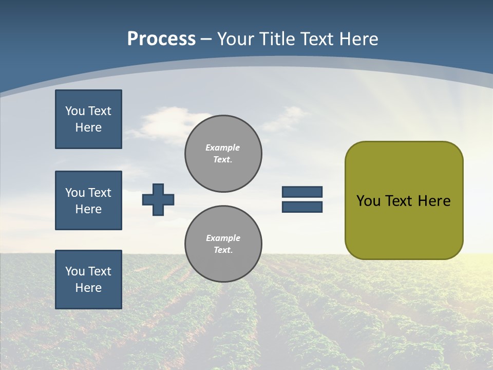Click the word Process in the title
click(x=161, y=39)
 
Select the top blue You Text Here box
click(x=88, y=119)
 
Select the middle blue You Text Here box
click(x=88, y=200)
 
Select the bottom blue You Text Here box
click(x=88, y=280)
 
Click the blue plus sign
click(x=158, y=199)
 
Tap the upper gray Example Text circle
click(x=223, y=154)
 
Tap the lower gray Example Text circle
click(x=223, y=244)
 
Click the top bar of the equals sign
click(x=302, y=192)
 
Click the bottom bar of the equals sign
click(x=302, y=207)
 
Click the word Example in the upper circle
click(x=222, y=147)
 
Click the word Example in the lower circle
click(x=222, y=238)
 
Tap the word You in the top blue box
click(x=74, y=111)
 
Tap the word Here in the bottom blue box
click(x=88, y=288)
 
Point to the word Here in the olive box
click(x=434, y=201)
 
